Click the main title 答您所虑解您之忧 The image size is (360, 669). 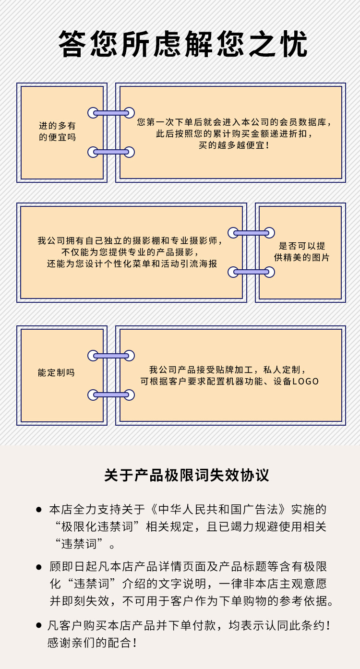(x=183, y=44)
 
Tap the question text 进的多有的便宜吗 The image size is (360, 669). (x=57, y=131)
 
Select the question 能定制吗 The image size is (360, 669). (x=56, y=372)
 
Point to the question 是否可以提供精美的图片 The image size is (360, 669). (x=302, y=252)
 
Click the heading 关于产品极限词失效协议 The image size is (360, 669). (x=187, y=475)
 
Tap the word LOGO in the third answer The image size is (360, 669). (x=305, y=382)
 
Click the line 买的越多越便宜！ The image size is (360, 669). (x=234, y=145)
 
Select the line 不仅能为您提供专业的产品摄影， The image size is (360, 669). (x=130, y=252)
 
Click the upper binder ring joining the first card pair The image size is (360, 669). (x=111, y=113)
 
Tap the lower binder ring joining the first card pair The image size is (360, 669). (x=111, y=152)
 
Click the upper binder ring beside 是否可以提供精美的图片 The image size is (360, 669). (x=251, y=233)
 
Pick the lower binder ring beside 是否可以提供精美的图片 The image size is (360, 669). (x=251, y=272)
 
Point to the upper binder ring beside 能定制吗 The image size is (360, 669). (x=111, y=356)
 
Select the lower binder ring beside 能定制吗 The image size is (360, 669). (x=111, y=395)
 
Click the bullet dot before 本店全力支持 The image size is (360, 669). (x=38, y=510)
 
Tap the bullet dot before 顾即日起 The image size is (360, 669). (x=38, y=567)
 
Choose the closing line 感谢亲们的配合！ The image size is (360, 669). (x=92, y=643)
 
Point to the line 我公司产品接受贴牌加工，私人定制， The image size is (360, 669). (x=228, y=370)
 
